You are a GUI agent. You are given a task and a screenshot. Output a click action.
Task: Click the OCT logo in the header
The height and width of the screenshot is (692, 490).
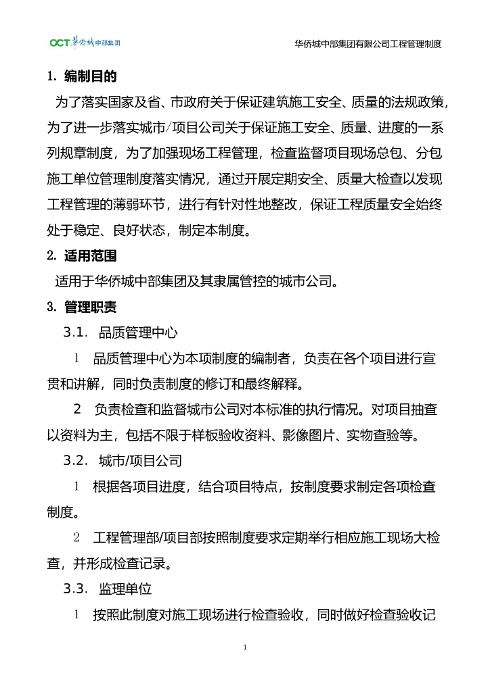[85, 43]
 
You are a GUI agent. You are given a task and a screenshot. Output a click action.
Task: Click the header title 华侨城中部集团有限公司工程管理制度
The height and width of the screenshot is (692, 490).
[368, 44]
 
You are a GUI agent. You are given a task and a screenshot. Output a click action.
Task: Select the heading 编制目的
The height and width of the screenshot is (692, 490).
[91, 76]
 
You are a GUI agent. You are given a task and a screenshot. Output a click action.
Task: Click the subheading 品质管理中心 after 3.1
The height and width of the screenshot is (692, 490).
[138, 332]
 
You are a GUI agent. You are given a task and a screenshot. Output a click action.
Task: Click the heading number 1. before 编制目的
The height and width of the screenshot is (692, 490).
[51, 76]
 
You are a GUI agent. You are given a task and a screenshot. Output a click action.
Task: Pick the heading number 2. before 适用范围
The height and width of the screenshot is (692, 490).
[51, 256]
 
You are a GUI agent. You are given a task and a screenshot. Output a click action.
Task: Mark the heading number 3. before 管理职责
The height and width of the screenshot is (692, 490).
[51, 307]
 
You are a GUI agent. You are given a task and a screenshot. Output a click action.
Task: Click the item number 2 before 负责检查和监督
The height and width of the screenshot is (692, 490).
[78, 410]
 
